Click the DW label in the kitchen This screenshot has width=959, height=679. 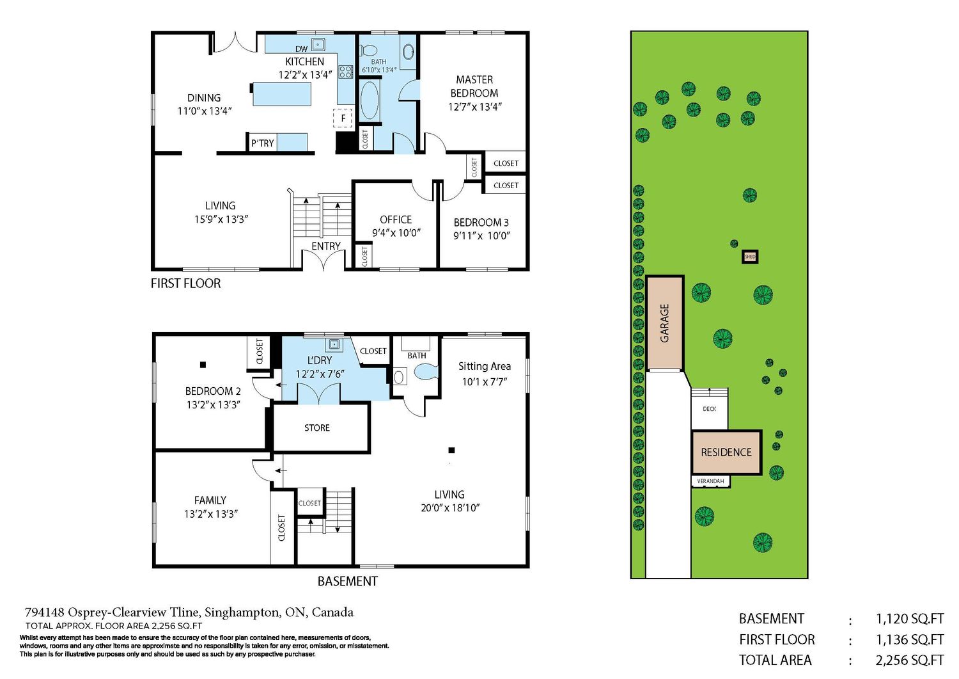pyautogui.click(x=301, y=49)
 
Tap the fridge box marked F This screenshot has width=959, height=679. pyautogui.click(x=343, y=118)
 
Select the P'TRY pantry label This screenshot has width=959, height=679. pyautogui.click(x=262, y=143)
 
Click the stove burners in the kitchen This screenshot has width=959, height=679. pyautogui.click(x=345, y=72)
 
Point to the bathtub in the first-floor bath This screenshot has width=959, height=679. pyautogui.click(x=369, y=100)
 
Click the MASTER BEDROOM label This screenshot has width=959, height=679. pyautogui.click(x=474, y=86)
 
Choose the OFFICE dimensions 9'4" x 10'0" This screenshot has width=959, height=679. pyautogui.click(x=396, y=233)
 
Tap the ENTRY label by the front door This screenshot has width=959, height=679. pyautogui.click(x=326, y=246)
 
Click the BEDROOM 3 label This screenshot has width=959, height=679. pyautogui.click(x=481, y=223)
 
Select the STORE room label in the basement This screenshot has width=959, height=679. pyautogui.click(x=317, y=427)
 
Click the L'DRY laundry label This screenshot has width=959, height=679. pyautogui.click(x=320, y=360)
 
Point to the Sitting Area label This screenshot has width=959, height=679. pyautogui.click(x=485, y=367)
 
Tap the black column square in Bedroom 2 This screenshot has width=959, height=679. pyautogui.click(x=203, y=365)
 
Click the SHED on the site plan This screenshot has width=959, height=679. pyautogui.click(x=750, y=257)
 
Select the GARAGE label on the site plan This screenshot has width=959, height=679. pyautogui.click(x=664, y=323)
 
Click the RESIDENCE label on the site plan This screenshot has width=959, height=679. pyautogui.click(x=726, y=452)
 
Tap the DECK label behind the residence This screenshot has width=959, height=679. pyautogui.click(x=710, y=409)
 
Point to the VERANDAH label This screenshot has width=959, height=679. pyautogui.click(x=710, y=481)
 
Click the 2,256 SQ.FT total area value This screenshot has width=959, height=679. pyautogui.click(x=909, y=660)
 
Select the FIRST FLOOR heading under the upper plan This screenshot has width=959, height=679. pyautogui.click(x=186, y=284)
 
